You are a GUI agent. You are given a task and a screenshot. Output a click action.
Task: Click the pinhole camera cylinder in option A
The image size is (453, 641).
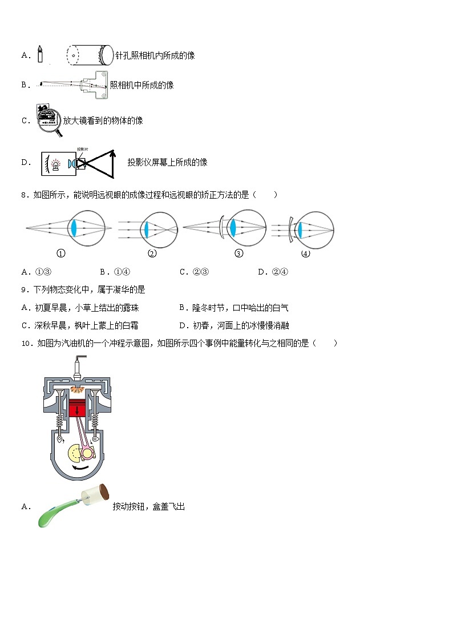tap(88, 55)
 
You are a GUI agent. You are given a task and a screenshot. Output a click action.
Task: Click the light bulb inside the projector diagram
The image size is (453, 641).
tap(56, 164)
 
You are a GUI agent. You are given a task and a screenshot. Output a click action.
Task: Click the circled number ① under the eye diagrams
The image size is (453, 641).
tap(60, 254)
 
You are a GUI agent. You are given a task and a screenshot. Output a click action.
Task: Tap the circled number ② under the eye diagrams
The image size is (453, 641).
tap(152, 254)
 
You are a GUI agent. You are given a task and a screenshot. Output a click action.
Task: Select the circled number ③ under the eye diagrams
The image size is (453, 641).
tap(239, 254)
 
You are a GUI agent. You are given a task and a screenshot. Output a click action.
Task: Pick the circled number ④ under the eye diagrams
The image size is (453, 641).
tap(306, 254)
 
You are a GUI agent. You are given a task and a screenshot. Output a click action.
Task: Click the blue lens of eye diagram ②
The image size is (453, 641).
tap(147, 228)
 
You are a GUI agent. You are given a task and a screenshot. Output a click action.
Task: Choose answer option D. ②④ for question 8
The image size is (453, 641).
tap(273, 272)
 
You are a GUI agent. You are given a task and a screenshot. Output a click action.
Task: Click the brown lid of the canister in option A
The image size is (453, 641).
tap(105, 492)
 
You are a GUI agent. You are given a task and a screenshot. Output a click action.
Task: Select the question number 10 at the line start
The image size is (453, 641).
tap(26, 343)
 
